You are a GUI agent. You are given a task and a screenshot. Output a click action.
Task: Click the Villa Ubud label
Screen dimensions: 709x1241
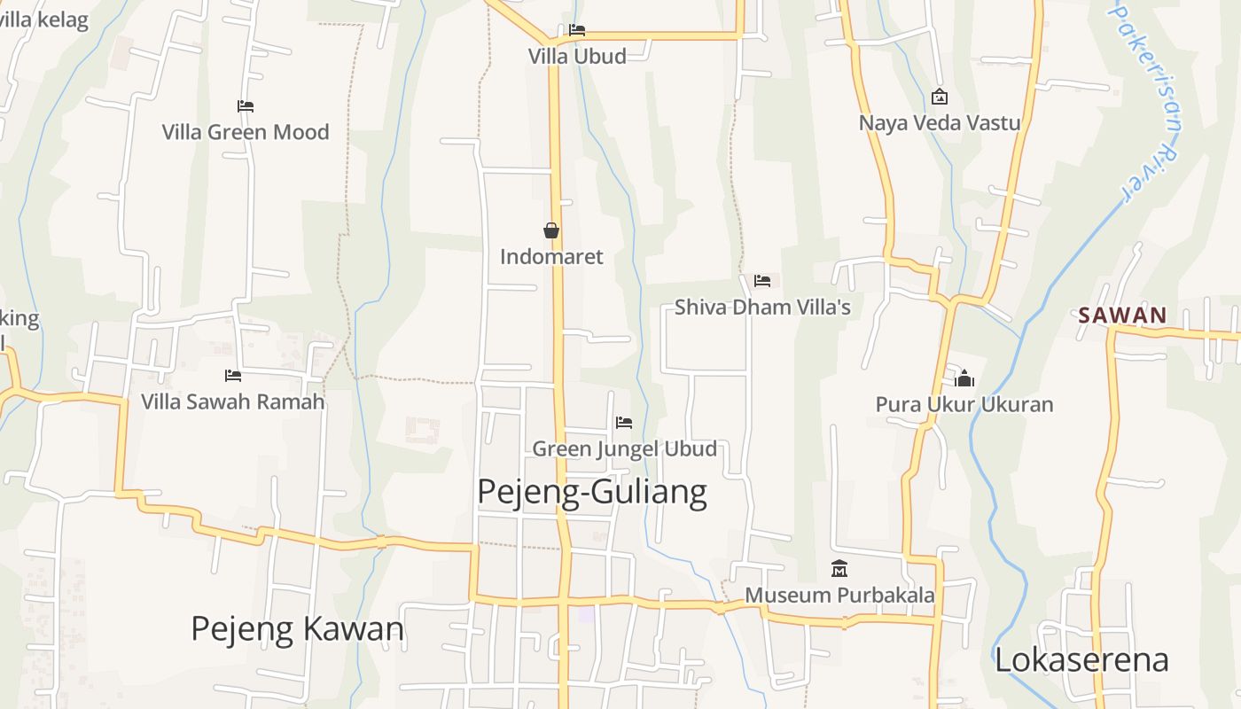point(577,56)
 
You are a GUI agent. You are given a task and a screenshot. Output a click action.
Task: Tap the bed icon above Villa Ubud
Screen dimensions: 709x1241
point(577,30)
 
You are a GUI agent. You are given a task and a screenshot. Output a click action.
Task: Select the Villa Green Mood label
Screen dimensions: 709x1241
point(246,132)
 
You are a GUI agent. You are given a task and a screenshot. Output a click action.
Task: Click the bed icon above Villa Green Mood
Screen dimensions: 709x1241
point(246,106)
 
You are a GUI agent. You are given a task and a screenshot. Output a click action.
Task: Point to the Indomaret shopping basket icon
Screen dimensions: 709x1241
point(551,230)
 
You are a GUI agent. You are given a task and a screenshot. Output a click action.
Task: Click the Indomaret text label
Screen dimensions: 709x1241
point(551,257)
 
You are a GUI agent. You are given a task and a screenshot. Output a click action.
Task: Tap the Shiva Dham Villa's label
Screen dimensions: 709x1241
point(762,308)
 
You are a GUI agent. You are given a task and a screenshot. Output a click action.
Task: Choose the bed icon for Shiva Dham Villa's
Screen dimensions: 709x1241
point(762,281)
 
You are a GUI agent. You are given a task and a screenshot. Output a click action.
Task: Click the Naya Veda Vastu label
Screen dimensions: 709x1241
point(940,122)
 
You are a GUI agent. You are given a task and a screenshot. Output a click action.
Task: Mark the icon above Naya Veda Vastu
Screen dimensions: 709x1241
point(940,97)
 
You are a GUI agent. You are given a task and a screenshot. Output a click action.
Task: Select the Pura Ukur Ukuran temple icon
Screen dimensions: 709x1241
point(964,379)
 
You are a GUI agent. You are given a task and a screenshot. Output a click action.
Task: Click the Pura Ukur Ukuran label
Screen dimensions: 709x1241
point(964,405)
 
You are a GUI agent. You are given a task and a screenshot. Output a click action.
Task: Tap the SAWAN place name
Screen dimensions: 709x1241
point(1122,316)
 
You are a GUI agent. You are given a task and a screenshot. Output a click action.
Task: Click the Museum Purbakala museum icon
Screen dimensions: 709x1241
point(839,568)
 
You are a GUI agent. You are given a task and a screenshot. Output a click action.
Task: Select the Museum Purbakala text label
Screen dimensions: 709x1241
point(839,595)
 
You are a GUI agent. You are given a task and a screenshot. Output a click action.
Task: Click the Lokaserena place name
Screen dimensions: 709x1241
point(1081,660)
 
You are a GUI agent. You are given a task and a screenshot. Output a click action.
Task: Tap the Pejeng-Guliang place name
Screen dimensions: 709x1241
point(592,492)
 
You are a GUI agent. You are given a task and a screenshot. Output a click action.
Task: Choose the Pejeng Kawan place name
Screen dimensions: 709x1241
point(297,629)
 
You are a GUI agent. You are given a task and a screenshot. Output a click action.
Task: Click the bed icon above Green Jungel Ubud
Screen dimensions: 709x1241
point(624,423)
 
